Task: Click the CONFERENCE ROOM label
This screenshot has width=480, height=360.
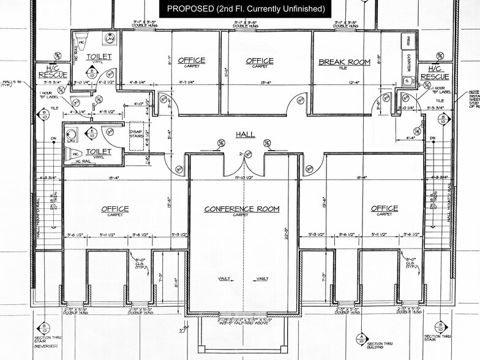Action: point(242,209)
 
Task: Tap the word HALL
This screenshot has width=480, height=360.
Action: point(246,134)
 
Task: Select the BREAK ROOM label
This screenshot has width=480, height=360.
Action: point(344,62)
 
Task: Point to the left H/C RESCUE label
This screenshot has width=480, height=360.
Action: point(53,72)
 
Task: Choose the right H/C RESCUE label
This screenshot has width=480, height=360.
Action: point(435,72)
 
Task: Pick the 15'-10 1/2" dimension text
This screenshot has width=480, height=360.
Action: point(244,178)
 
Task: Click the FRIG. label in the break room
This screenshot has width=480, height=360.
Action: point(405,42)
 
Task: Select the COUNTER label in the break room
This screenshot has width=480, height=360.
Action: point(408,63)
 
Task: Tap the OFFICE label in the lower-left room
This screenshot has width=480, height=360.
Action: point(115,209)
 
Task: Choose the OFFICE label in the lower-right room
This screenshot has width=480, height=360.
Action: point(384,209)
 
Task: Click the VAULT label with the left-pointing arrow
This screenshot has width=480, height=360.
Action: point(225,279)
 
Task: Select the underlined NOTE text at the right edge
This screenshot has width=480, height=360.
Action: point(474,91)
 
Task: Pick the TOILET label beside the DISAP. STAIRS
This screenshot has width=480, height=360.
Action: point(98,151)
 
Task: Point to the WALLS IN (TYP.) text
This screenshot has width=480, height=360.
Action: point(10,83)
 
